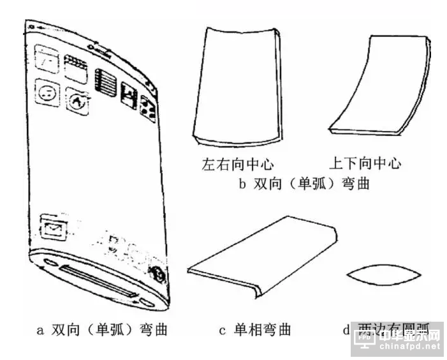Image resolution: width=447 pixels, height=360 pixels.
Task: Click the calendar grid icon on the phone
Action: pyautogui.click(x=75, y=66)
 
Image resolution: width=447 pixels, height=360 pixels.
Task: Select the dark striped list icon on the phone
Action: pyautogui.click(x=103, y=82)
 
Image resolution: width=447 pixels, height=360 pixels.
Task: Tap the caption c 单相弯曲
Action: pyautogui.click(x=254, y=330)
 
